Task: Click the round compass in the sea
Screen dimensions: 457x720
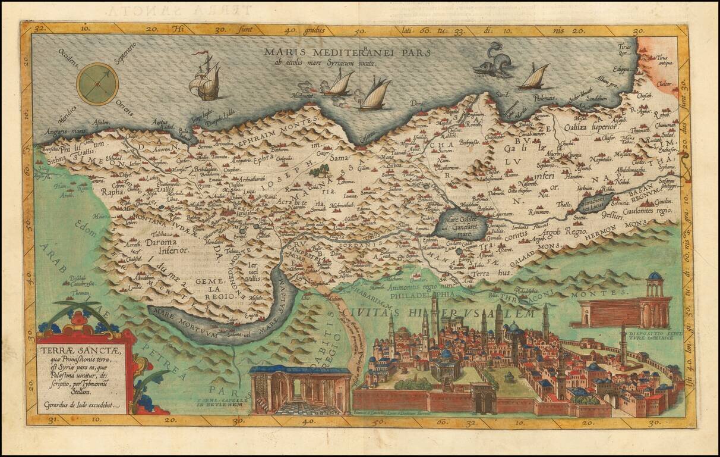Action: pyautogui.click(x=97, y=84)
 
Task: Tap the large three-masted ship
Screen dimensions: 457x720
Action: pyautogui.click(x=206, y=79)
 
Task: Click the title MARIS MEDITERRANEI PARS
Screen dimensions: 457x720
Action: pyautogui.click(x=350, y=52)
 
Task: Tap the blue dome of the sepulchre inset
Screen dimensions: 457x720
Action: pyautogui.click(x=655, y=277)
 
